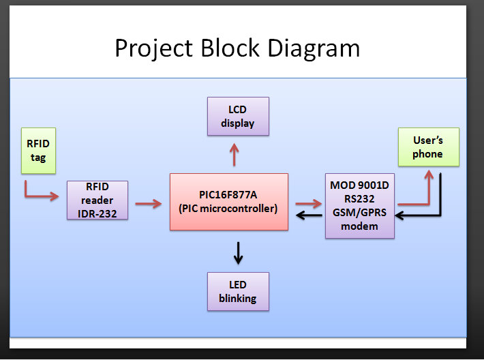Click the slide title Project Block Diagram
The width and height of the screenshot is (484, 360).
237,48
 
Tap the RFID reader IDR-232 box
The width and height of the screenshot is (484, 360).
97,200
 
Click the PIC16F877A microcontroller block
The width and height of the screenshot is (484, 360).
228,201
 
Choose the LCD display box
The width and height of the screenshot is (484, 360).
237,116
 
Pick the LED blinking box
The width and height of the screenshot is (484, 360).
237,291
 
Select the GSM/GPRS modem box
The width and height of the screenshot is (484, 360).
359,205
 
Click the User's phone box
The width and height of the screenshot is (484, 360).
427,147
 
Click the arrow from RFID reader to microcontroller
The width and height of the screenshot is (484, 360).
148,202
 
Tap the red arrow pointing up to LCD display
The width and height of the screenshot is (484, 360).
235,155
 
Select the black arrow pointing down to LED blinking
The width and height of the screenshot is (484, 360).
238,253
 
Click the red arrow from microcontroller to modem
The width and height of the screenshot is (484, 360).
308,202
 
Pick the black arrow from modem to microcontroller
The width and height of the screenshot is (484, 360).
308,216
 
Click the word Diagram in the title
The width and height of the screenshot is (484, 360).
314,48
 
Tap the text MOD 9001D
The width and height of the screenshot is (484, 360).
359,185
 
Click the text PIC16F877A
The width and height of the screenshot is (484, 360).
228,194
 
